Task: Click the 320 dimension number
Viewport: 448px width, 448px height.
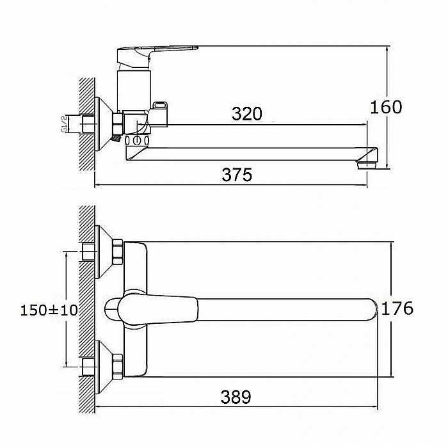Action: pyautogui.click(x=246, y=114)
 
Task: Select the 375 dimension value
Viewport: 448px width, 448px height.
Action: pyautogui.click(x=237, y=175)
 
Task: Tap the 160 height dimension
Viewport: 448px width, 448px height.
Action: pyautogui.click(x=386, y=107)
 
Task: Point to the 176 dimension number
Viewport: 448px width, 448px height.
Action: pyautogui.click(x=397, y=308)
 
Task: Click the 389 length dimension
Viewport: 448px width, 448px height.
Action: pyautogui.click(x=236, y=397)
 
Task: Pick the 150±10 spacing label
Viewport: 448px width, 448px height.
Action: pyautogui.click(x=49, y=310)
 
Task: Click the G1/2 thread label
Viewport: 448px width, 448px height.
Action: pyautogui.click(x=64, y=124)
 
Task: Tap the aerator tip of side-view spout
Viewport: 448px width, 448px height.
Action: pyautogui.click(x=367, y=165)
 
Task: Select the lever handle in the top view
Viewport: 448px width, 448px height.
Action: pyautogui.click(x=157, y=310)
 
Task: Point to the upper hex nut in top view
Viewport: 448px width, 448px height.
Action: pyautogui.click(x=117, y=252)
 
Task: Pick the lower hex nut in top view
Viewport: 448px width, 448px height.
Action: pyautogui.click(x=117, y=367)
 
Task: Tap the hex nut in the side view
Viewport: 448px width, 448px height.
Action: pyautogui.click(x=117, y=124)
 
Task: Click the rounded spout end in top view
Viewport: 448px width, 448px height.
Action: pyautogui.click(x=374, y=310)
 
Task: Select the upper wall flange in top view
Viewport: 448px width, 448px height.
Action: pyautogui.click(x=104, y=252)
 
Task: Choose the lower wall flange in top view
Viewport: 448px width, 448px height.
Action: pyautogui.click(x=104, y=367)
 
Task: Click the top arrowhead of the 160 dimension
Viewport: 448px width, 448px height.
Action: pyautogui.click(x=387, y=49)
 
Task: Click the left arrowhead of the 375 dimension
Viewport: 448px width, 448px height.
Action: pyautogui.click(x=98, y=185)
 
